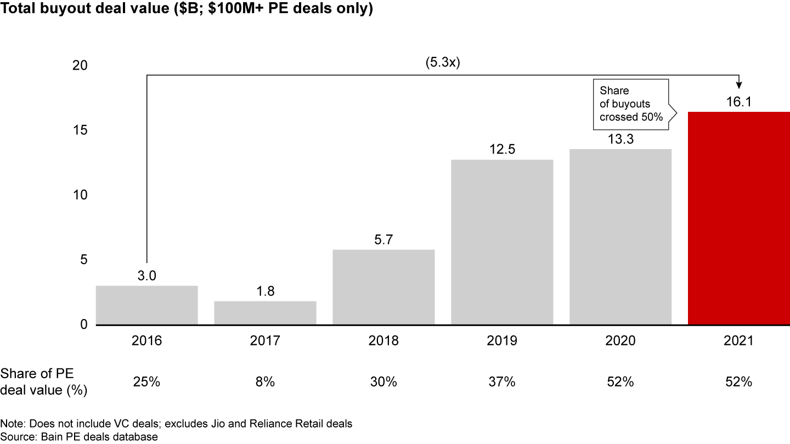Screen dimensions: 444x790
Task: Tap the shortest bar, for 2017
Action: (265, 313)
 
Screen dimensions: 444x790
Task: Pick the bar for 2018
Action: (383, 287)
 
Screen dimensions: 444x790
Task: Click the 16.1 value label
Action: (738, 102)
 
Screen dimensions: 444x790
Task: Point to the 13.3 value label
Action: (620, 139)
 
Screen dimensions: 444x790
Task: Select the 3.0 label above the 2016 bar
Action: (146, 276)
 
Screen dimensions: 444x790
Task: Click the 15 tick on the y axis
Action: (80, 130)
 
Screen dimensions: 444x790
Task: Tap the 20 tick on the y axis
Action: (80, 65)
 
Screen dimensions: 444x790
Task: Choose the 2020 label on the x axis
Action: (620, 341)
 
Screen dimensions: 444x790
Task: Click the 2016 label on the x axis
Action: (146, 341)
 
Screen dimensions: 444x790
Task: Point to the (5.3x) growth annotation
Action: (443, 62)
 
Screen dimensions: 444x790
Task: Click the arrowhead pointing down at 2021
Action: (738, 84)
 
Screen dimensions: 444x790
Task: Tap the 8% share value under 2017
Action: (265, 382)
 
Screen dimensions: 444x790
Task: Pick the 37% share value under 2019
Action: (502, 382)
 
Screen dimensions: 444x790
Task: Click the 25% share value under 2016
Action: (146, 382)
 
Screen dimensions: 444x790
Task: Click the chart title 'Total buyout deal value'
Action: (187, 9)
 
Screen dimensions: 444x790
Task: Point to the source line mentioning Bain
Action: (79, 436)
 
